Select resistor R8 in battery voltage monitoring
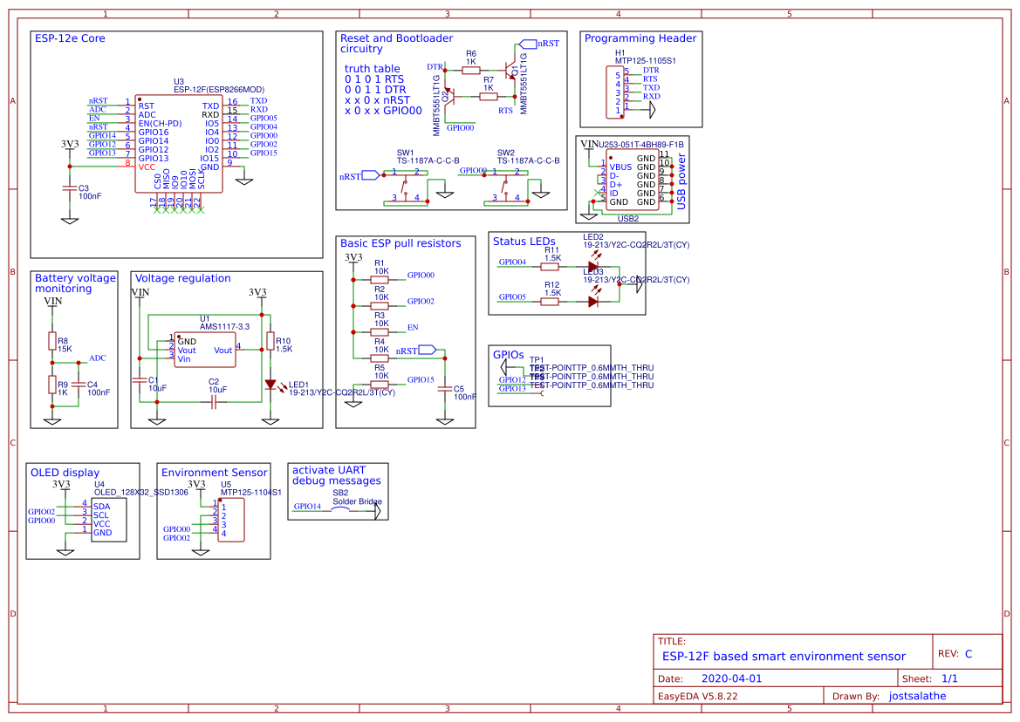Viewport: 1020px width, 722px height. point(52,341)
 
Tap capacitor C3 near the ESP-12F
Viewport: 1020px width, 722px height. point(70,188)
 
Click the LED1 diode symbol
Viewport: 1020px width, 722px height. point(270,384)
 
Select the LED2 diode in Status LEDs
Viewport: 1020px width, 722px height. point(593,267)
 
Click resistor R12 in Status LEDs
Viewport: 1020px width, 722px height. point(551,302)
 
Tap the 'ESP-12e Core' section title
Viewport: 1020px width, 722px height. point(70,38)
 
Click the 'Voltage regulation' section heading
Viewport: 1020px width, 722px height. point(182,278)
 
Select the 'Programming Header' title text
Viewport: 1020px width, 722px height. point(640,38)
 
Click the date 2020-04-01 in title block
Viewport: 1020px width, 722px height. point(731,678)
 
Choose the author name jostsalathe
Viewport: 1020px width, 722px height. point(916,696)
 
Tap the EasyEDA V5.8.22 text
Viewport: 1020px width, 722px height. point(697,696)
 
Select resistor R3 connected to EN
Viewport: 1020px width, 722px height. point(380,331)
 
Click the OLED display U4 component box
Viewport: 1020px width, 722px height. point(113,520)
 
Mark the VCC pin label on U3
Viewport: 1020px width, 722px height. point(147,165)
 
